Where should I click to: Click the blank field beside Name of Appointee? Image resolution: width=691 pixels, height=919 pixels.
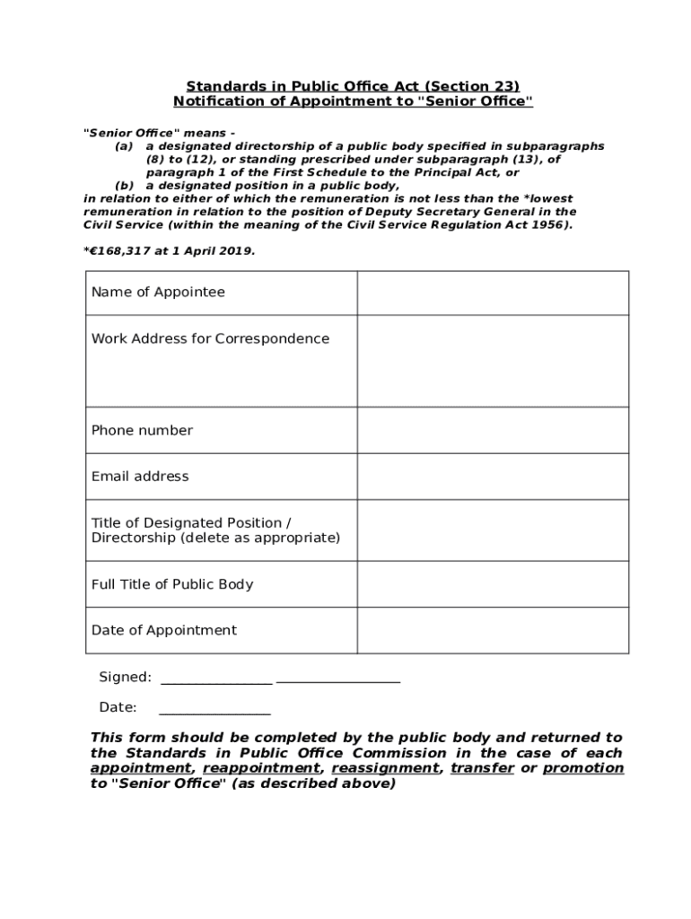[x=493, y=293]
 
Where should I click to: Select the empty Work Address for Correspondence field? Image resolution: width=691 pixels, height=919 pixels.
[x=493, y=361]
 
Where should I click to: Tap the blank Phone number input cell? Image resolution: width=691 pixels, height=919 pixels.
[x=493, y=431]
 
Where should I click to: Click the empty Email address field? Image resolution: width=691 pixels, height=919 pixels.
[x=493, y=477]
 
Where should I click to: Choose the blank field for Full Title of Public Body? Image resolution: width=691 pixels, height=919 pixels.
[x=493, y=584]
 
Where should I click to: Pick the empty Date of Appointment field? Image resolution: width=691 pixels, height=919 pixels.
[x=493, y=630]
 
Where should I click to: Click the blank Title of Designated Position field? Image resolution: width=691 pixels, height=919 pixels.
[x=493, y=530]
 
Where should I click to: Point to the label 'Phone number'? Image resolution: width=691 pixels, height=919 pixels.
[x=142, y=431]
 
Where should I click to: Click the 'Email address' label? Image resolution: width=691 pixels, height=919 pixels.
[x=140, y=477]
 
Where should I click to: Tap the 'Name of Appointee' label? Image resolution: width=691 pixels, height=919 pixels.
[x=158, y=293]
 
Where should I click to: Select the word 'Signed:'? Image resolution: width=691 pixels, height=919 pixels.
[x=125, y=678]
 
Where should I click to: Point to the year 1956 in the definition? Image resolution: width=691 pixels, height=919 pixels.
[x=551, y=225]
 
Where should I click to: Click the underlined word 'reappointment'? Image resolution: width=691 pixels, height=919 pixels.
[x=261, y=769]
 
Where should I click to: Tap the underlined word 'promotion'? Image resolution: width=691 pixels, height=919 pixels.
[x=583, y=769]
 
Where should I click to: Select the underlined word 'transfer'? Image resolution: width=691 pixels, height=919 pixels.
[x=483, y=769]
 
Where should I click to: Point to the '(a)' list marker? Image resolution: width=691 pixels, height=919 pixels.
[x=124, y=146]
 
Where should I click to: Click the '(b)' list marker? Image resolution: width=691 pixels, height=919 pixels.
[x=124, y=186]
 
